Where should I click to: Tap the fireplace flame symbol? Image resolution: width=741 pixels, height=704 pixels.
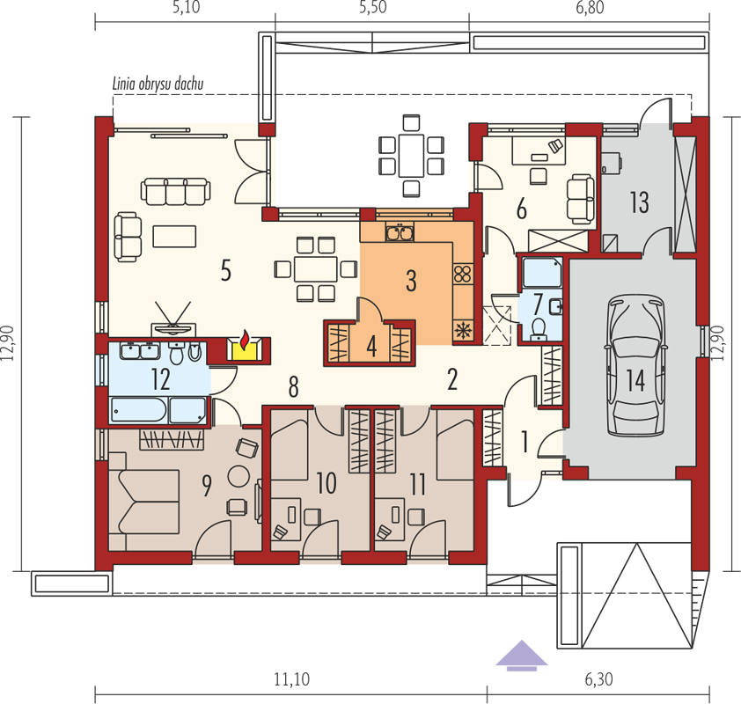245,341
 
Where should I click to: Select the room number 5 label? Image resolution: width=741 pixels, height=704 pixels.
226,271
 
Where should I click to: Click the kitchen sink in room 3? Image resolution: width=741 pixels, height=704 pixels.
400,232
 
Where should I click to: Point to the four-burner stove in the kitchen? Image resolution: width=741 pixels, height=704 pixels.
463,274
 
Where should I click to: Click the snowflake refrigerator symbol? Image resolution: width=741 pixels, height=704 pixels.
463,330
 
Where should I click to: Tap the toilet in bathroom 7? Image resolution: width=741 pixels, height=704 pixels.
538,328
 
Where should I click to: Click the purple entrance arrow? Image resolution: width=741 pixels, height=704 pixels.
521,656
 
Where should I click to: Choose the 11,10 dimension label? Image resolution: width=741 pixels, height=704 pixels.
291,679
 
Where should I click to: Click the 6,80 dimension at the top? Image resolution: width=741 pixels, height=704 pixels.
590,8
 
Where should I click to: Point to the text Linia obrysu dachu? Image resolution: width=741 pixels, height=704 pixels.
158,84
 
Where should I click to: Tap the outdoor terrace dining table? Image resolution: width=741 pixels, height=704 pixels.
411,155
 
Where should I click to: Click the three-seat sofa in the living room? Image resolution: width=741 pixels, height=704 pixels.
175,191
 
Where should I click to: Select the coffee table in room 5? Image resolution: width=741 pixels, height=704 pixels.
174,236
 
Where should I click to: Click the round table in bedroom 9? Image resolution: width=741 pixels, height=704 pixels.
238,476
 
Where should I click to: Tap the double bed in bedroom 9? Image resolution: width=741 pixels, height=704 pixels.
143,502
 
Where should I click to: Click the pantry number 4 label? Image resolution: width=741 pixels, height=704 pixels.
371,347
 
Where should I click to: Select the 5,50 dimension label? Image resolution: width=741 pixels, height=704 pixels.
373,8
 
